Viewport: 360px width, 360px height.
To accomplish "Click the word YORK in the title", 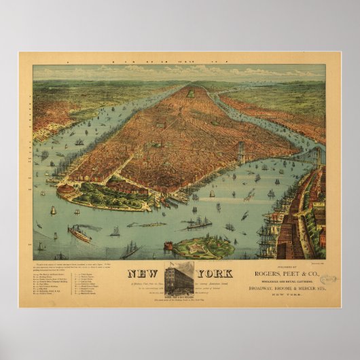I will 213,274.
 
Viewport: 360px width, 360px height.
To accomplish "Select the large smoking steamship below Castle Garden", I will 79,234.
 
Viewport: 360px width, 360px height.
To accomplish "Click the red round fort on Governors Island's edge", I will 168,245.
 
